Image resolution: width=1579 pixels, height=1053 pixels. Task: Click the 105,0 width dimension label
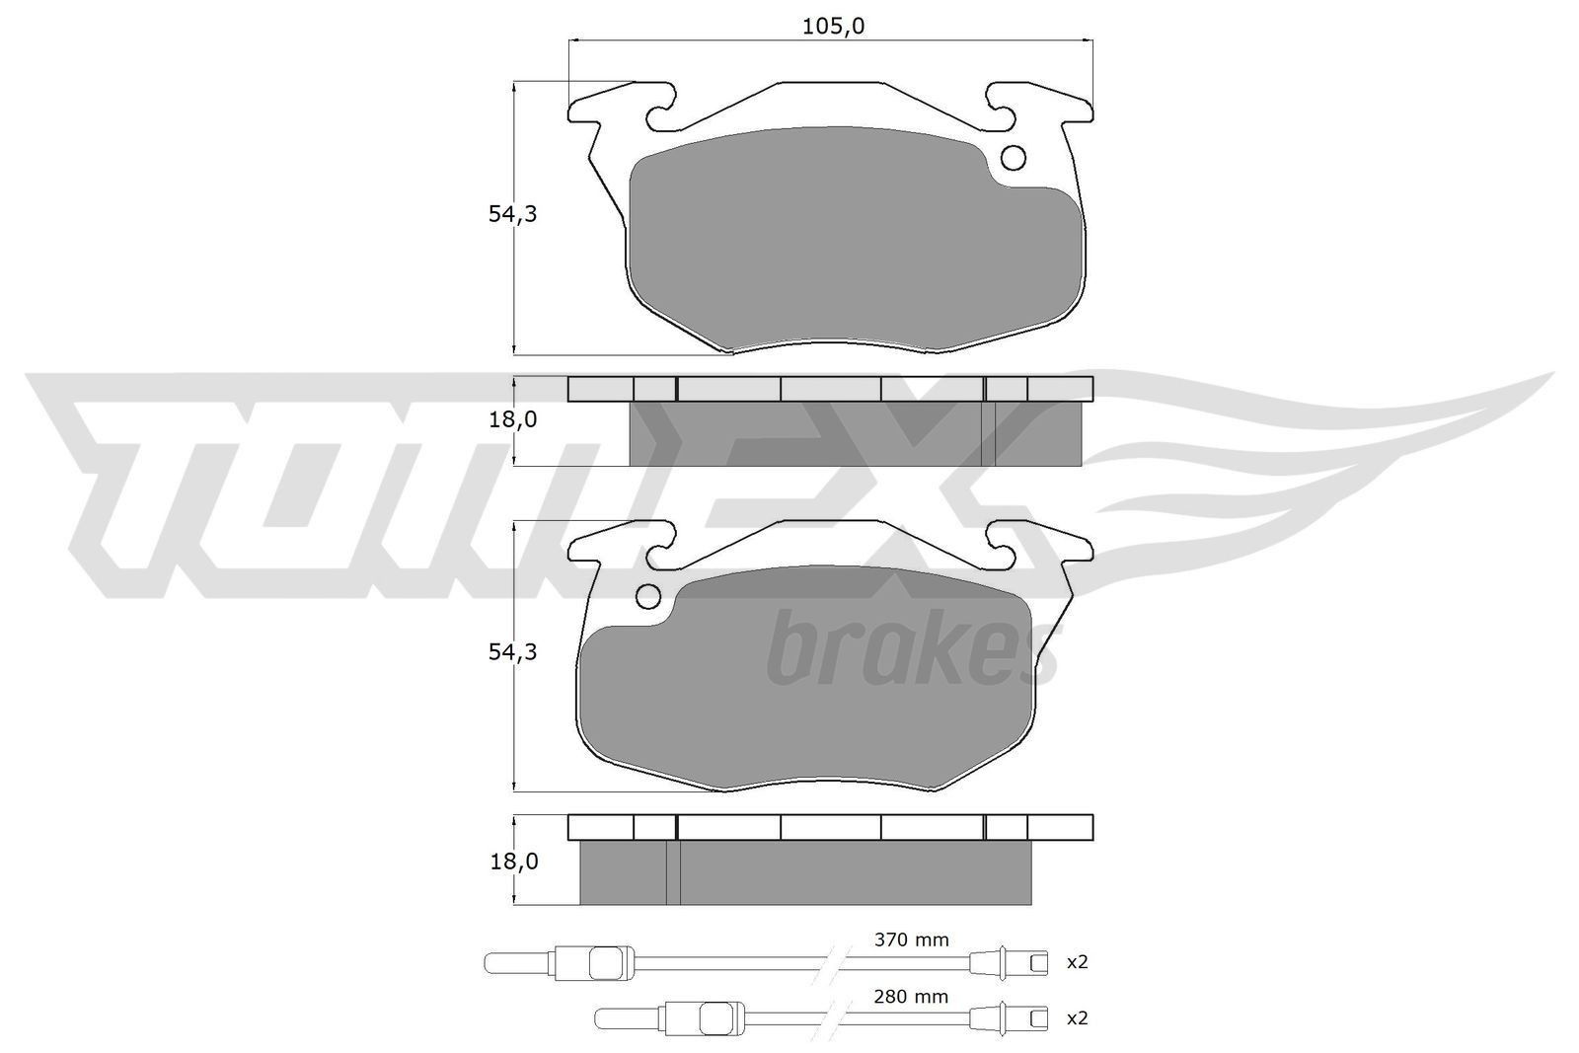coord(832,27)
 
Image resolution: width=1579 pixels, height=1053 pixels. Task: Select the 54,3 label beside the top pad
coord(512,214)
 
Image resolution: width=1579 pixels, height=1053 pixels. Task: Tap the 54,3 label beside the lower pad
coord(512,652)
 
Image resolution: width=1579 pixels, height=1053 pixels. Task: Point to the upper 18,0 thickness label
coord(512,419)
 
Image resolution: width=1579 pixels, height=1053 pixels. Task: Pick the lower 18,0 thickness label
coord(512,861)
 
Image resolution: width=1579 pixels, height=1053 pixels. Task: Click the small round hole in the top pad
coord(1014,158)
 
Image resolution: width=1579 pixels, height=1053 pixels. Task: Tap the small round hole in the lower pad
coord(648,596)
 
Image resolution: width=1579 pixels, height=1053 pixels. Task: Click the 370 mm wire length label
coord(911,940)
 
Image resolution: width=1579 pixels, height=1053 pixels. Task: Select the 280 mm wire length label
coord(911,997)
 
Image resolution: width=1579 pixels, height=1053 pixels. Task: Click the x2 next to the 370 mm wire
coord(1077,961)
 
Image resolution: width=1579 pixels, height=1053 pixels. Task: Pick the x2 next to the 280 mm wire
coord(1077,1017)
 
